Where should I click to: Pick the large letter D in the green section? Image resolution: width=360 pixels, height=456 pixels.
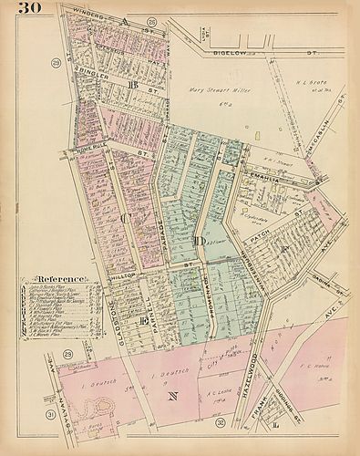coord(198,241)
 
